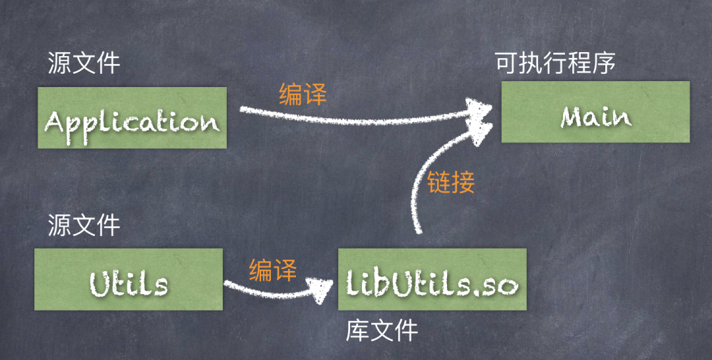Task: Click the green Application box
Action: click(x=132, y=117)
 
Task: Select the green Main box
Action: click(x=595, y=111)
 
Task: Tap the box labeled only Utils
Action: click(x=129, y=279)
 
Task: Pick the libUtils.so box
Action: click(x=432, y=279)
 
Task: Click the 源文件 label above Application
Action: click(x=84, y=63)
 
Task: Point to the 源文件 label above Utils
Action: click(x=84, y=225)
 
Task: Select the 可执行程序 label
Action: click(x=555, y=63)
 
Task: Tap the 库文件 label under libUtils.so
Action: click(x=382, y=332)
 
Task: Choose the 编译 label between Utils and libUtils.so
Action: click(x=272, y=270)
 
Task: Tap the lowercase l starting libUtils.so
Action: click(x=350, y=282)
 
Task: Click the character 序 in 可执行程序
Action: click(x=605, y=63)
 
